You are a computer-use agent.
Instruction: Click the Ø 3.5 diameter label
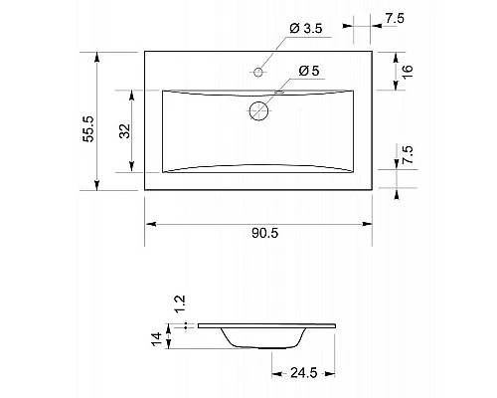click(305, 29)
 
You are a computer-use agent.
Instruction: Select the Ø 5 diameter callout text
click(309, 71)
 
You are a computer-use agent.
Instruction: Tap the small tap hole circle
click(258, 72)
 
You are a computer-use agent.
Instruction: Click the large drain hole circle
click(258, 110)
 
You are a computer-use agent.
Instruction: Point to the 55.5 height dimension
click(88, 129)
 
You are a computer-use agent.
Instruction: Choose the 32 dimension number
click(125, 131)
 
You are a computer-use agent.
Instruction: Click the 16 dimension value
click(408, 72)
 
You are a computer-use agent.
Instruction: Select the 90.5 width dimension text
click(265, 233)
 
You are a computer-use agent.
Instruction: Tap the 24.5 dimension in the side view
click(304, 373)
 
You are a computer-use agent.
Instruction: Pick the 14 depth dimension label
click(157, 339)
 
